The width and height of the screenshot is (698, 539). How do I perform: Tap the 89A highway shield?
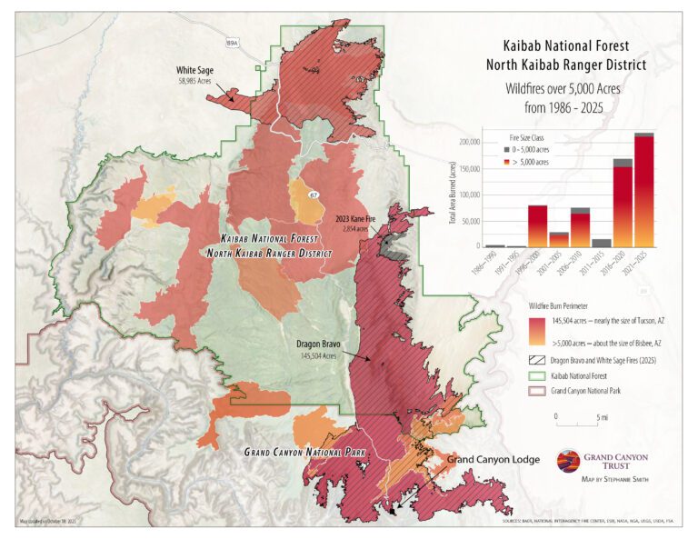tap(231, 42)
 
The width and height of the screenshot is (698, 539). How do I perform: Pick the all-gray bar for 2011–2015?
tap(602, 242)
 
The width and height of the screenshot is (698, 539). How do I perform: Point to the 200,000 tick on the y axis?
tap(468, 143)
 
